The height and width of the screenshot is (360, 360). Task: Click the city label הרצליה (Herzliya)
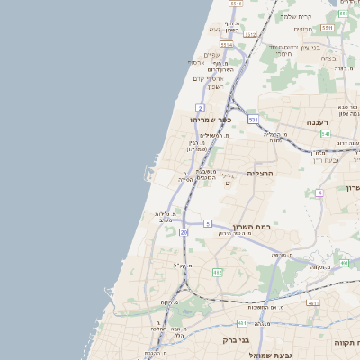(x=258, y=172)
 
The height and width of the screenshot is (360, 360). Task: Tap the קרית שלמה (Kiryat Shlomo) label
(x=295, y=16)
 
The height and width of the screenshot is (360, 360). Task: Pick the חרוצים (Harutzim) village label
(x=302, y=29)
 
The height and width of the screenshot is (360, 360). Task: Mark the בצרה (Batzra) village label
(x=327, y=58)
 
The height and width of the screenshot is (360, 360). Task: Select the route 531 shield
(x=253, y=119)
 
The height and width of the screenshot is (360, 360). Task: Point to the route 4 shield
(x=319, y=193)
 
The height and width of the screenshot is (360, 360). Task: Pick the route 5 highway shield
(x=207, y=222)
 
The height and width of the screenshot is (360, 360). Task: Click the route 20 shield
(x=184, y=232)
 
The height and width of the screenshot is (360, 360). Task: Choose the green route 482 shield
(x=217, y=272)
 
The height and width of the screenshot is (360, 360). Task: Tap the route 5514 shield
(x=344, y=13)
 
